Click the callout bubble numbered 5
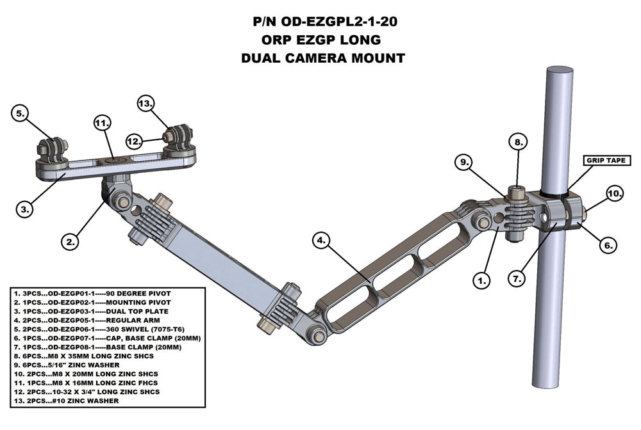click(21, 114)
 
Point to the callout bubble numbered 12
click(134, 139)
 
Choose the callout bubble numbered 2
click(71, 241)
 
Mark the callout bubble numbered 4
click(322, 241)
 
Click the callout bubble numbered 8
click(518, 141)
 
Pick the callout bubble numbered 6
click(609, 243)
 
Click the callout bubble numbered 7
click(518, 278)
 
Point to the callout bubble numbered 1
click(481, 279)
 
